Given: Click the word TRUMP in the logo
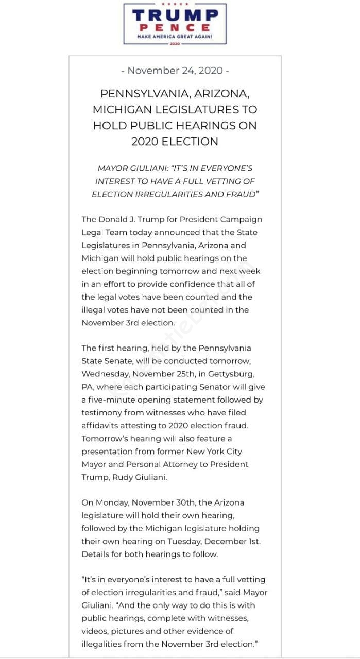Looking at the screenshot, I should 175,15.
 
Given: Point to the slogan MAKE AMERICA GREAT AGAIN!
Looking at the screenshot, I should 175,37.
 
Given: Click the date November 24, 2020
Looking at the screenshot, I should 175,71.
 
